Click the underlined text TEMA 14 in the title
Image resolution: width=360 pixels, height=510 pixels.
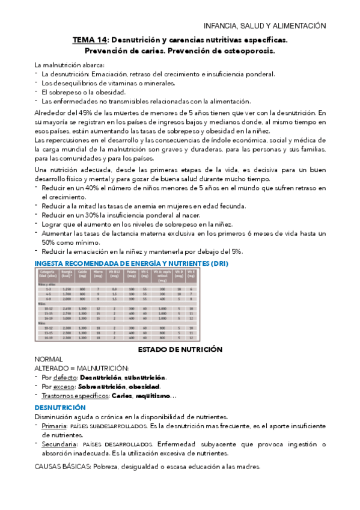pyautogui.click(x=87, y=40)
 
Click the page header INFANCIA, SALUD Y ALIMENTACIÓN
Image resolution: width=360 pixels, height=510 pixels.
pyautogui.click(x=265, y=26)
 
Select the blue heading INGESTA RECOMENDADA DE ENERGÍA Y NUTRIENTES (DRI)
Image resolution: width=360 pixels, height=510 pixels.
pyautogui.click(x=132, y=263)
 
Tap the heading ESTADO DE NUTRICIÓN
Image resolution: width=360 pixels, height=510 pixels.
pyautogui.click(x=180, y=349)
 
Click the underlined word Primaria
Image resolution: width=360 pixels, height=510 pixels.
pyautogui.click(x=55, y=426)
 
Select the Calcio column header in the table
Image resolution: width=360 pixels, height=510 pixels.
pyautogui.click(x=82, y=274)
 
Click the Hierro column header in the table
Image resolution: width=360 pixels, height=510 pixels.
pyautogui.click(x=97, y=274)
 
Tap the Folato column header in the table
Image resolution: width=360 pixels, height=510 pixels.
pyautogui.click(x=131, y=274)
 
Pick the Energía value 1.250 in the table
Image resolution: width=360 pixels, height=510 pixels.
pyautogui.click(x=66, y=289)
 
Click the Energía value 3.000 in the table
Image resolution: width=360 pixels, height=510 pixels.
pyautogui.click(x=66, y=318)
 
